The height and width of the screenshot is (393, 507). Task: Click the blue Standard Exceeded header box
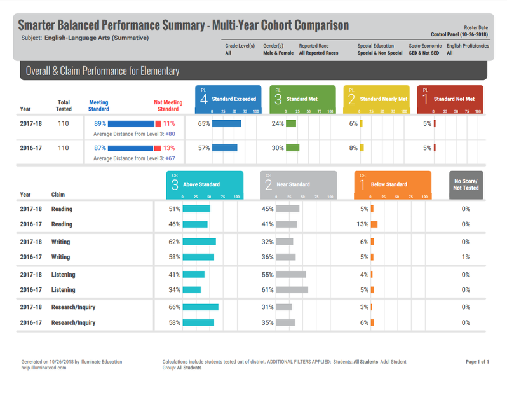tap(228, 99)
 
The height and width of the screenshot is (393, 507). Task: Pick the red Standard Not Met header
tap(450, 99)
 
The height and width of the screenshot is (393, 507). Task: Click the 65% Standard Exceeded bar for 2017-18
tap(226, 123)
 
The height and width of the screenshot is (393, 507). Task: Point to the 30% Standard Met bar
tap(292, 148)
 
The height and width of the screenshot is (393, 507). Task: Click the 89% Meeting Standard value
tap(100, 123)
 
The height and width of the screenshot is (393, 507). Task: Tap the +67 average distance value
tap(170, 158)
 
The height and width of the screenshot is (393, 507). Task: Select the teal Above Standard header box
tap(204, 184)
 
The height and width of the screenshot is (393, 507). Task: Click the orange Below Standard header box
tap(392, 184)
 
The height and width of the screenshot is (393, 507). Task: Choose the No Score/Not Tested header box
tap(466, 184)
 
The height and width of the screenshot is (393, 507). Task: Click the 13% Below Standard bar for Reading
tap(374, 224)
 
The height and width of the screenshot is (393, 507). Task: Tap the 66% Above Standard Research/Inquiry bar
tap(200, 307)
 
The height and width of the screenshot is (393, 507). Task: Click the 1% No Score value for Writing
tap(466, 257)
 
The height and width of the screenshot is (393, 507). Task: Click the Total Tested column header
tap(64, 105)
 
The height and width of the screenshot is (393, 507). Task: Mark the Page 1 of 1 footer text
tap(477, 362)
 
